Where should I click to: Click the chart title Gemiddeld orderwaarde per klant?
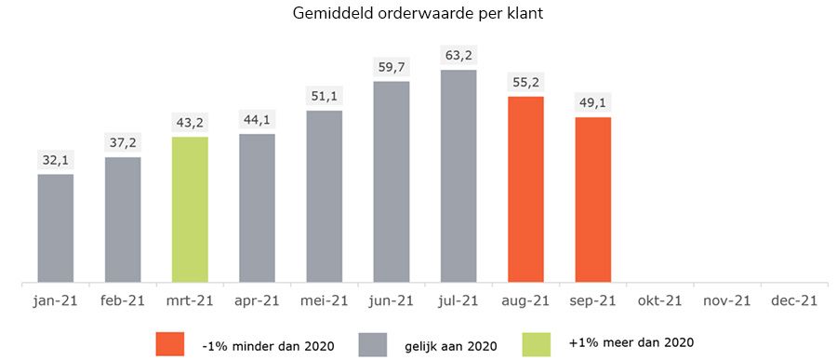[418, 14]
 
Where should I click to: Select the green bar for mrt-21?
[190, 209]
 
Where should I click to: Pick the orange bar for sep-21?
[592, 199]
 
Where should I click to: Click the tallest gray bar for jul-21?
[458, 176]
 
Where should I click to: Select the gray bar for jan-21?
[56, 228]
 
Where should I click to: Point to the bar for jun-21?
[392, 181]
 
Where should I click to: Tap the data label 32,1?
[56, 160]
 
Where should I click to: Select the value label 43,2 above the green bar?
[190, 123]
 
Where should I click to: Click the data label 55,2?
[525, 82]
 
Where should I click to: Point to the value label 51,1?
[325, 97]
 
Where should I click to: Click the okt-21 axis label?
[659, 300]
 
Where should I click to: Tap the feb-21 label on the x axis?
[123, 300]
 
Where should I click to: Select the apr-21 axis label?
[257, 300]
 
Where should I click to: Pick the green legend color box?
[539, 344]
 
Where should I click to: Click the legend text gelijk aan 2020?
[451, 345]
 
